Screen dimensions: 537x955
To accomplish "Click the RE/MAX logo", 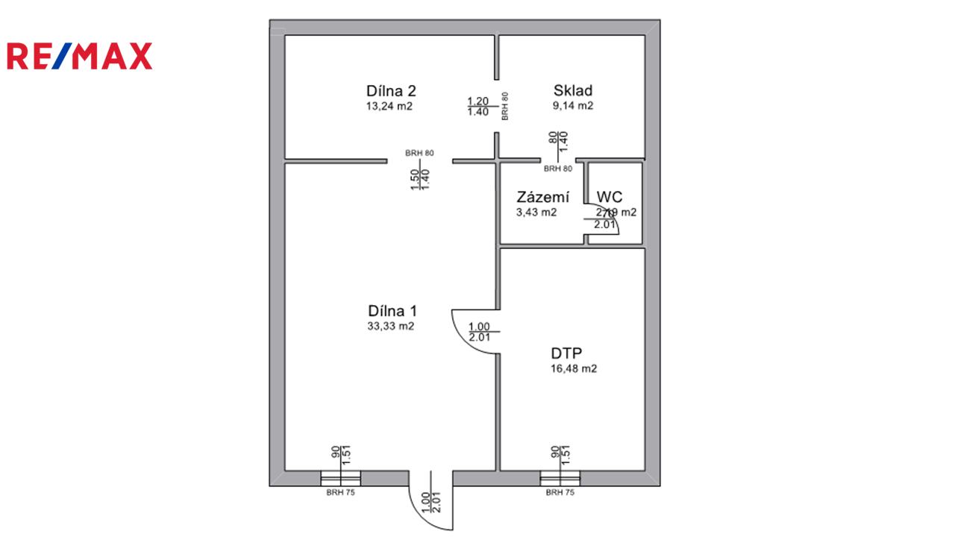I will pos(79,57).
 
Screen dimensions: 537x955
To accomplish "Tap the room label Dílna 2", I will pos(391,91).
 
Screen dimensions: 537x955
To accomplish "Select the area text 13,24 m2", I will pos(389,107).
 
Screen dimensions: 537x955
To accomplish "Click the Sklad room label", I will pos(573,91).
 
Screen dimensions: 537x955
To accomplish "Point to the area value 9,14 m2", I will pos(573,106).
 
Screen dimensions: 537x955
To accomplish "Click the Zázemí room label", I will pos(542,198).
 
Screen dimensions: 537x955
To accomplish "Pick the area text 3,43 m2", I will pos(536,213).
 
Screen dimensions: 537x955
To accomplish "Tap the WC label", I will pos(610,198).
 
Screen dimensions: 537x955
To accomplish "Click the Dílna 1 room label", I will pos(392,311).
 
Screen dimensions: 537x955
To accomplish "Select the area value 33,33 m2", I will pos(390,326).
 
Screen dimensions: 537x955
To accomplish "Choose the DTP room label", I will pos(567,354).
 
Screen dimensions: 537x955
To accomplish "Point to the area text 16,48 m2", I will pos(573,368).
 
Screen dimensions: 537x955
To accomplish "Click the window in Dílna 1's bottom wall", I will pos(340,478).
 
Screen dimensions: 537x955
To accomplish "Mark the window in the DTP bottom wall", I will pos(560,478).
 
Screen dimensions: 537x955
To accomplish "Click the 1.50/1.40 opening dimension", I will pos(420,179).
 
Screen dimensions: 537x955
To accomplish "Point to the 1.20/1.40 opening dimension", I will pos(477,107).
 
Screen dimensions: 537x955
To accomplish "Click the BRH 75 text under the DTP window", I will pos(560,493).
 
